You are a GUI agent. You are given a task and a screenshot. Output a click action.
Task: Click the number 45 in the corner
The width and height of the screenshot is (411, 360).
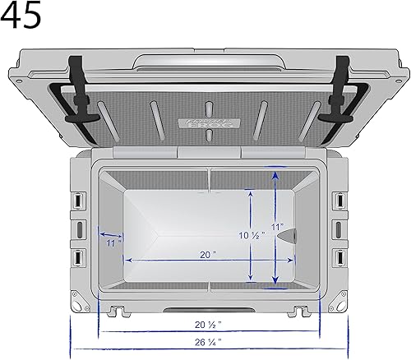coord(21,16)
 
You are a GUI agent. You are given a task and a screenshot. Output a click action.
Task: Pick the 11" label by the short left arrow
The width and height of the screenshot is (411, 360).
coord(113,242)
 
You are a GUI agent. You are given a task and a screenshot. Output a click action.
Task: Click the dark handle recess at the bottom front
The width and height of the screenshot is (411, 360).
coord(208,307)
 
